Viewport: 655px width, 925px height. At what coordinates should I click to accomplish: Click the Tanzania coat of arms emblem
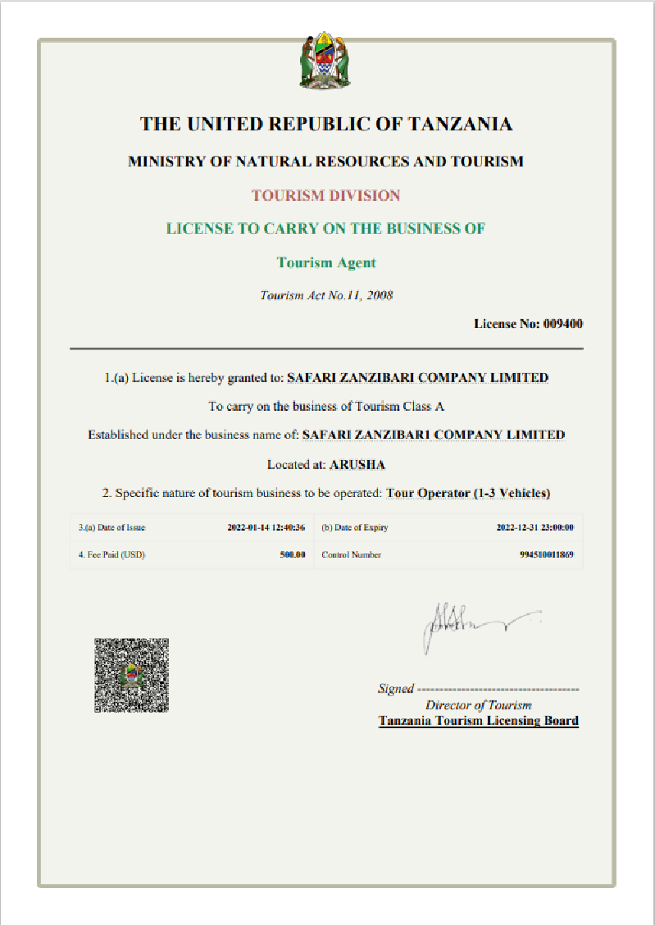pyautogui.click(x=326, y=61)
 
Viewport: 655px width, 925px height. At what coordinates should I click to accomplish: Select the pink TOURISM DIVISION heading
pyautogui.click(x=326, y=196)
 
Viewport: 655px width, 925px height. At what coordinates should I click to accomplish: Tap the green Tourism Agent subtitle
pyautogui.click(x=326, y=262)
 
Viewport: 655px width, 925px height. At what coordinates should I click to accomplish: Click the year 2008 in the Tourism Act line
pyautogui.click(x=380, y=295)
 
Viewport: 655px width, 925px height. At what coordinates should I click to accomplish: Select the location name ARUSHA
pyautogui.click(x=357, y=465)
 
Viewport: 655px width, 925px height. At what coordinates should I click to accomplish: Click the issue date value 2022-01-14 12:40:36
pyautogui.click(x=266, y=528)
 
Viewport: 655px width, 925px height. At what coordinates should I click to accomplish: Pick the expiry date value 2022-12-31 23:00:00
pyautogui.click(x=534, y=528)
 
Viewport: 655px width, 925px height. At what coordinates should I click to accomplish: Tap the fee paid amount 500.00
pyautogui.click(x=292, y=555)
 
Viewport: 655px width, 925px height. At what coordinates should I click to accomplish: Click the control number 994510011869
pyautogui.click(x=546, y=555)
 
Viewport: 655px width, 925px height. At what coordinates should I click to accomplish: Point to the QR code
pyautogui.click(x=131, y=675)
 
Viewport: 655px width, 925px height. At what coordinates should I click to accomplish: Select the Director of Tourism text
pyautogui.click(x=478, y=705)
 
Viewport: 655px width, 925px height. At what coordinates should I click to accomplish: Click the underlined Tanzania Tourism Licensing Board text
pyautogui.click(x=478, y=722)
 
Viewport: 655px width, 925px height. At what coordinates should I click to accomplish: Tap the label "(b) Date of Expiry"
pyautogui.click(x=355, y=528)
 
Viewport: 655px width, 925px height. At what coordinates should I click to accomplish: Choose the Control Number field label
pyautogui.click(x=352, y=555)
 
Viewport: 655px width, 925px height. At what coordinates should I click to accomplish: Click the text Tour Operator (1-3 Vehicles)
pyautogui.click(x=468, y=494)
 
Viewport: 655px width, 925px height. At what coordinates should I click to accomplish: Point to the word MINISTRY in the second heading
pyautogui.click(x=166, y=162)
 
